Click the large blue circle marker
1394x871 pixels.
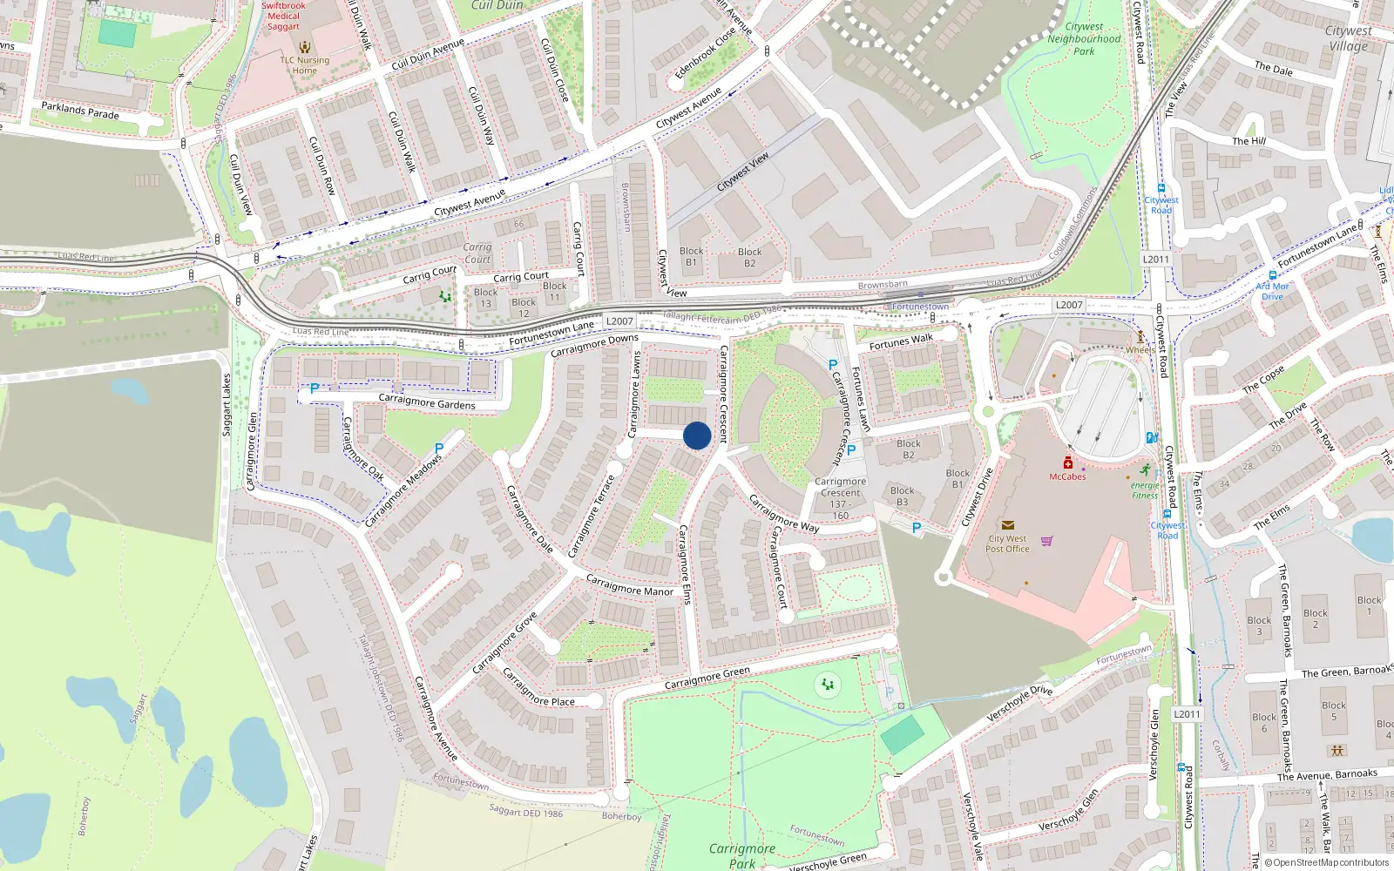point(697,435)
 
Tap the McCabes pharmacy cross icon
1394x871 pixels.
point(1067,463)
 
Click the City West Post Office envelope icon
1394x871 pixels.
point(1007,525)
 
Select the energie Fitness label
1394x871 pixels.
point(1145,490)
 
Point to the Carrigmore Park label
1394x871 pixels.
point(741,855)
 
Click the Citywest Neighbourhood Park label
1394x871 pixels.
point(1084,39)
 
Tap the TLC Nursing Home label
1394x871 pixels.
point(304,65)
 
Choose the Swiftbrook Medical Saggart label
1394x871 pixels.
point(283,16)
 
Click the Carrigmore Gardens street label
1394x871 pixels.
point(427,402)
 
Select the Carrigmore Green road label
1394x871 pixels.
point(707,678)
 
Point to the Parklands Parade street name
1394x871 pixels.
point(80,111)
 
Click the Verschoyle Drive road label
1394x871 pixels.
point(1019,704)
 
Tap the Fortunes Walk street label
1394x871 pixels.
point(901,341)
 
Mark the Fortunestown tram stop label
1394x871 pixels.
point(920,307)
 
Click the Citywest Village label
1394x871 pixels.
point(1348,38)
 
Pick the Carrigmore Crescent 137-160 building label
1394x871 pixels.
point(840,498)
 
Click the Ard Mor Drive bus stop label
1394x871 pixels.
point(1272,291)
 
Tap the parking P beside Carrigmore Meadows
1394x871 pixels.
point(439,449)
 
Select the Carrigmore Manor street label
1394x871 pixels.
point(629,585)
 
